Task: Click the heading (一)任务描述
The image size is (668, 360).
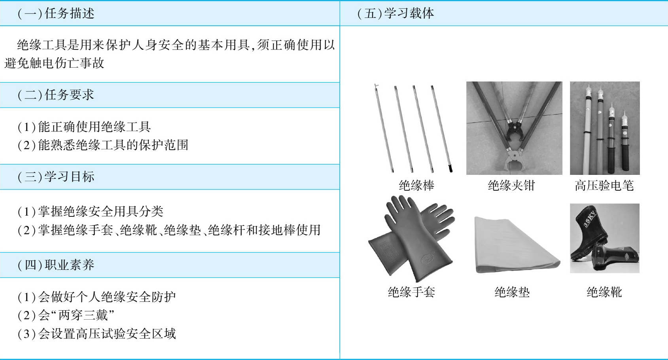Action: pyautogui.click(x=56, y=13)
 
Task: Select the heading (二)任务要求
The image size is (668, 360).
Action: pyautogui.click(x=56, y=95)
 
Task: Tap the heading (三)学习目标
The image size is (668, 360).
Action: pyautogui.click(x=56, y=176)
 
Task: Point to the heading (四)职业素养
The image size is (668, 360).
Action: pyautogui.click(x=56, y=265)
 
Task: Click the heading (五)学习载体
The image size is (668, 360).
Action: pyautogui.click(x=396, y=13)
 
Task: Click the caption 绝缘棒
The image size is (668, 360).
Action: pyautogui.click(x=416, y=186)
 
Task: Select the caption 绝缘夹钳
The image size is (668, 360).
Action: pyautogui.click(x=511, y=186)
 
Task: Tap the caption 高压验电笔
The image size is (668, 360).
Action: pyautogui.click(x=604, y=186)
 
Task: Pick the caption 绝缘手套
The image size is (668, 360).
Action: pyautogui.click(x=411, y=292)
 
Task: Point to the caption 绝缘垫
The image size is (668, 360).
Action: pyautogui.click(x=512, y=292)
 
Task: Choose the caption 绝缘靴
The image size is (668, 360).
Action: pyautogui.click(x=604, y=292)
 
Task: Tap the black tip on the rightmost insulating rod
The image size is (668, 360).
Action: pyautogui.click(x=450, y=168)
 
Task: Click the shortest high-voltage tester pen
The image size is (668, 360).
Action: pyautogui.click(x=624, y=140)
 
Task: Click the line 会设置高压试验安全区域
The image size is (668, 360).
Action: pyautogui.click(x=97, y=334)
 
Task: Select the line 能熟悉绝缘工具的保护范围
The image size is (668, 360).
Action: pyautogui.click(x=103, y=145)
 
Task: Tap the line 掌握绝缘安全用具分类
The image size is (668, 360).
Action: pyautogui.click(x=90, y=212)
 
